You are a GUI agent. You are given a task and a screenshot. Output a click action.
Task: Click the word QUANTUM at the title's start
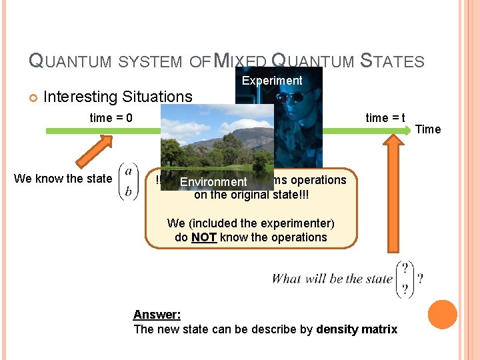tap(70, 62)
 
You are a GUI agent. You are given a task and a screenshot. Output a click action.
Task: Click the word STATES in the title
tap(392, 62)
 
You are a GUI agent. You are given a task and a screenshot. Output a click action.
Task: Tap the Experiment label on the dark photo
tap(272, 81)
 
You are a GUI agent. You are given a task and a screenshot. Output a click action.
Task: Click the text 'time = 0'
tap(111, 118)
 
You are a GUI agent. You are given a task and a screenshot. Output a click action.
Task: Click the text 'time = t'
tap(385, 118)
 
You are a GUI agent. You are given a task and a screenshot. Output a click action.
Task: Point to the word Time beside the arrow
tap(428, 129)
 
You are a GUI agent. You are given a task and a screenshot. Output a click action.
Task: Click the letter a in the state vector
tap(127, 171)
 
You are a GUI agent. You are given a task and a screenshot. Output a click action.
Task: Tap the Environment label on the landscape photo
tap(213, 182)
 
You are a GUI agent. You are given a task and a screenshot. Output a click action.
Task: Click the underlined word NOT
tap(204, 237)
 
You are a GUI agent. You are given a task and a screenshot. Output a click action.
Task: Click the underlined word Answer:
tap(157, 315)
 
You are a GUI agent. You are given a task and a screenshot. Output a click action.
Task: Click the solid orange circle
tap(443, 315)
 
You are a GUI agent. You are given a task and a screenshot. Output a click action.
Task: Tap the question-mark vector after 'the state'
tap(405, 279)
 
